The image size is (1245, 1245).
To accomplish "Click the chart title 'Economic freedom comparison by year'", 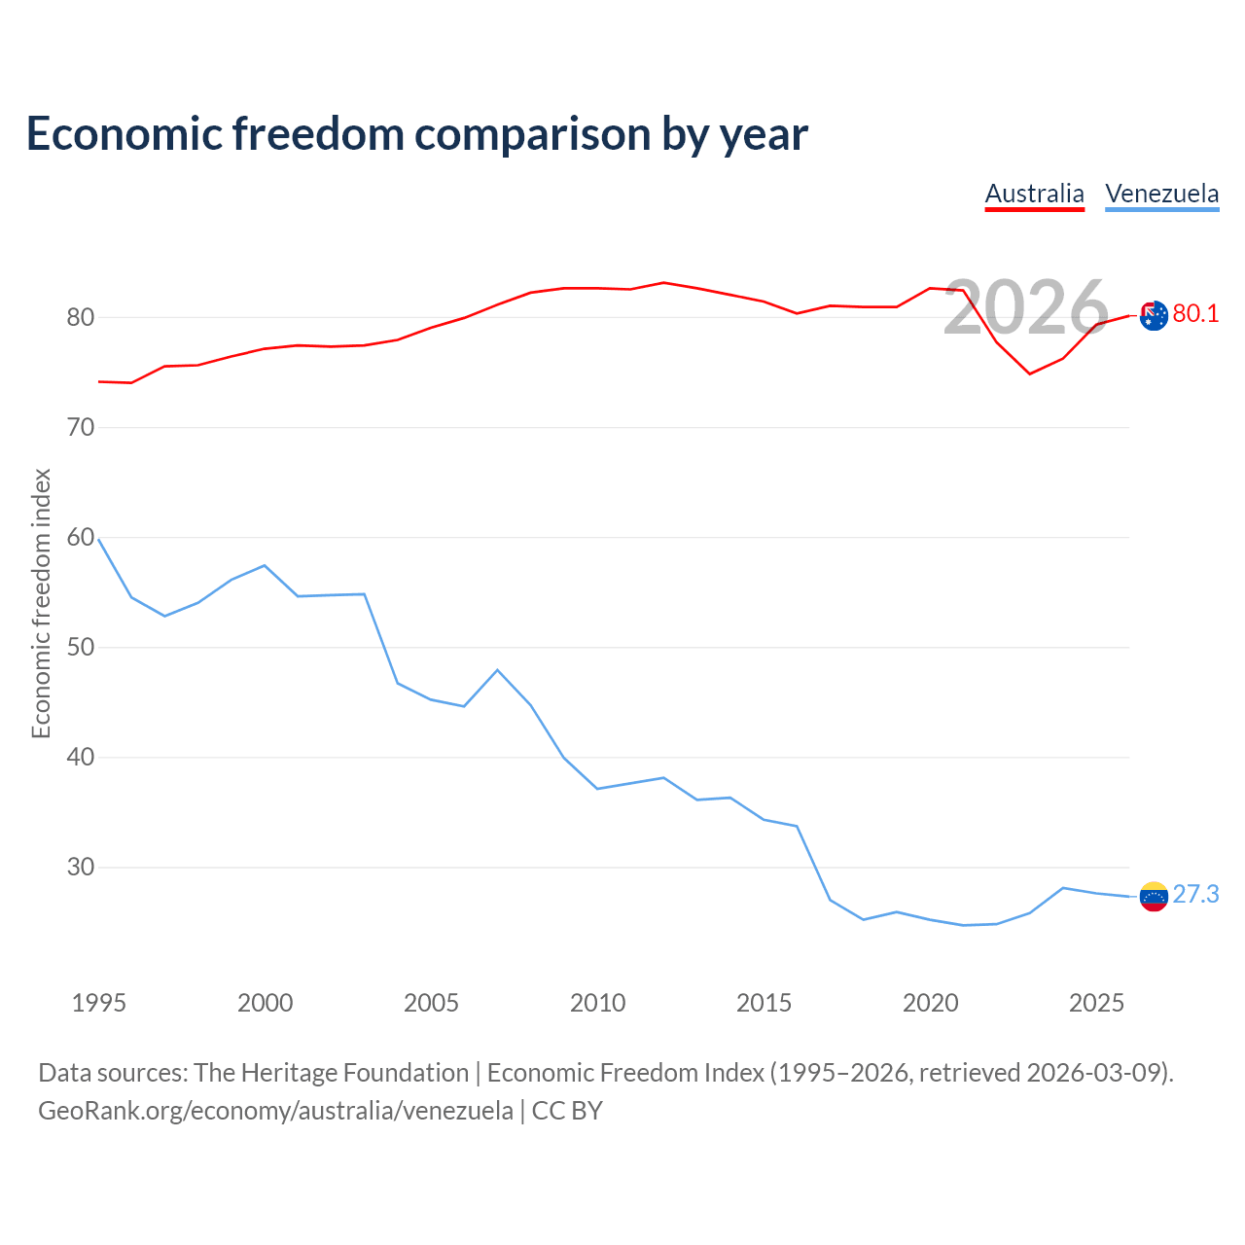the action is (x=416, y=134).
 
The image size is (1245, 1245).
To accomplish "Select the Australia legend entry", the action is (x=1034, y=195).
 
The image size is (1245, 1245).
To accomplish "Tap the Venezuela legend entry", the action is (x=1161, y=195).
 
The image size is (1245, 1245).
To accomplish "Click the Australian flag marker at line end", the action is (x=1154, y=315).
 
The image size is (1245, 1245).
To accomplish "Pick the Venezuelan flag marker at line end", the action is (x=1154, y=896).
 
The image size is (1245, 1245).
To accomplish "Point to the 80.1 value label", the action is (x=1195, y=313).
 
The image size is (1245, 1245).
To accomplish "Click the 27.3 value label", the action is (x=1195, y=894).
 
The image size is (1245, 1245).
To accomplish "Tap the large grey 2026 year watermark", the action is (x=1026, y=307).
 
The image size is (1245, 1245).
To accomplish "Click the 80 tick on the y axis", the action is (x=81, y=317).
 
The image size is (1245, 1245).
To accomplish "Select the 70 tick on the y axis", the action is (x=81, y=427).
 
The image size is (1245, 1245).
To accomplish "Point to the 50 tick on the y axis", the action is (x=81, y=647).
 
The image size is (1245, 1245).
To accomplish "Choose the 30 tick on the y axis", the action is (x=81, y=867).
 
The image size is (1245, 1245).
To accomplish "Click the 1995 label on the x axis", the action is (x=99, y=1003).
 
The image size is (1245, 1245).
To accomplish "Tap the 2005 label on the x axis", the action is (x=431, y=1003).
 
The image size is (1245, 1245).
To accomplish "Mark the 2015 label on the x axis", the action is (x=764, y=1003).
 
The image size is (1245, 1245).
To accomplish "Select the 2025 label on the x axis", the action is (x=1096, y=1003).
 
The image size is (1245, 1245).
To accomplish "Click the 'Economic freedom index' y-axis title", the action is (x=41, y=603).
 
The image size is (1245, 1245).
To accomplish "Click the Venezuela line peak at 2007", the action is (x=497, y=669).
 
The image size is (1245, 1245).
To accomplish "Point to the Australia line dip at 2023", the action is (x=1030, y=373).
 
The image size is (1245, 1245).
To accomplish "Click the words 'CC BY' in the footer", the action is (x=567, y=1111).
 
